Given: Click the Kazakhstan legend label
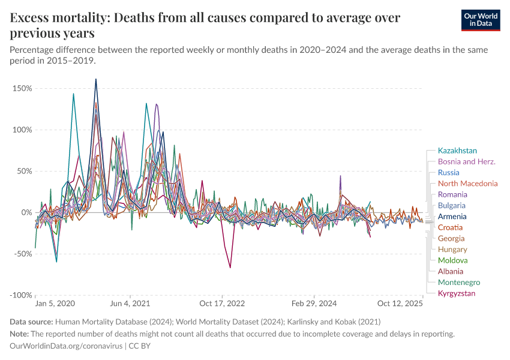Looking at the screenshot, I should [x=457, y=151].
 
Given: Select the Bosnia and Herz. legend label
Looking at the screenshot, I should [x=465, y=161].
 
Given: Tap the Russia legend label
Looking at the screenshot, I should [x=449, y=173].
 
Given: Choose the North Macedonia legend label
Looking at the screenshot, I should [x=467, y=184].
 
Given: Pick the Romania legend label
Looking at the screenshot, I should [x=452, y=194].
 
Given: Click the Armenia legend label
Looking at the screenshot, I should [x=452, y=217].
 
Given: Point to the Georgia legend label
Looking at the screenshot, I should [x=452, y=238].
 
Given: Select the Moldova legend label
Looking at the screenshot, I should [x=453, y=260].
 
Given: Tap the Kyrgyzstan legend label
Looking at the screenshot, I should [x=457, y=293].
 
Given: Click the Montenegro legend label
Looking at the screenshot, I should [x=459, y=282].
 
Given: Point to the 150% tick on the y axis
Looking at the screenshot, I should [x=22, y=88].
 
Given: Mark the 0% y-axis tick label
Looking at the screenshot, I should [x=25, y=212].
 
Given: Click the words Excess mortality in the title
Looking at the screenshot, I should [x=57, y=17].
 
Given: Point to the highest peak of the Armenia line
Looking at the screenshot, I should [x=95, y=79].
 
